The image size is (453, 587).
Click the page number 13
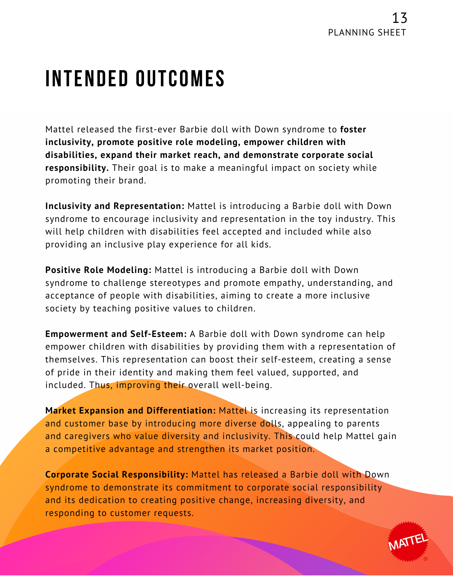point(400,18)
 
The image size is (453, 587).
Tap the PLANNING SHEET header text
point(367,33)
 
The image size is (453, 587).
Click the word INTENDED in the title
point(87,79)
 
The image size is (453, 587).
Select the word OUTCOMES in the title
point(180,79)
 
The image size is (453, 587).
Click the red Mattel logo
point(408,542)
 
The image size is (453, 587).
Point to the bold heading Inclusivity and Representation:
point(115,206)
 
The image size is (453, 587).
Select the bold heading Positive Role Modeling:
point(98,270)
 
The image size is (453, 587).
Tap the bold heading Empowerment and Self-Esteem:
point(116,334)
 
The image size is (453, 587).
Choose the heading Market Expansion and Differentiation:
point(130,411)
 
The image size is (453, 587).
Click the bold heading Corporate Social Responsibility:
point(117,475)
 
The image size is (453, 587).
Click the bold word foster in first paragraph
point(353,129)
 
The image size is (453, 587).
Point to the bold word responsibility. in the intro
point(77,168)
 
